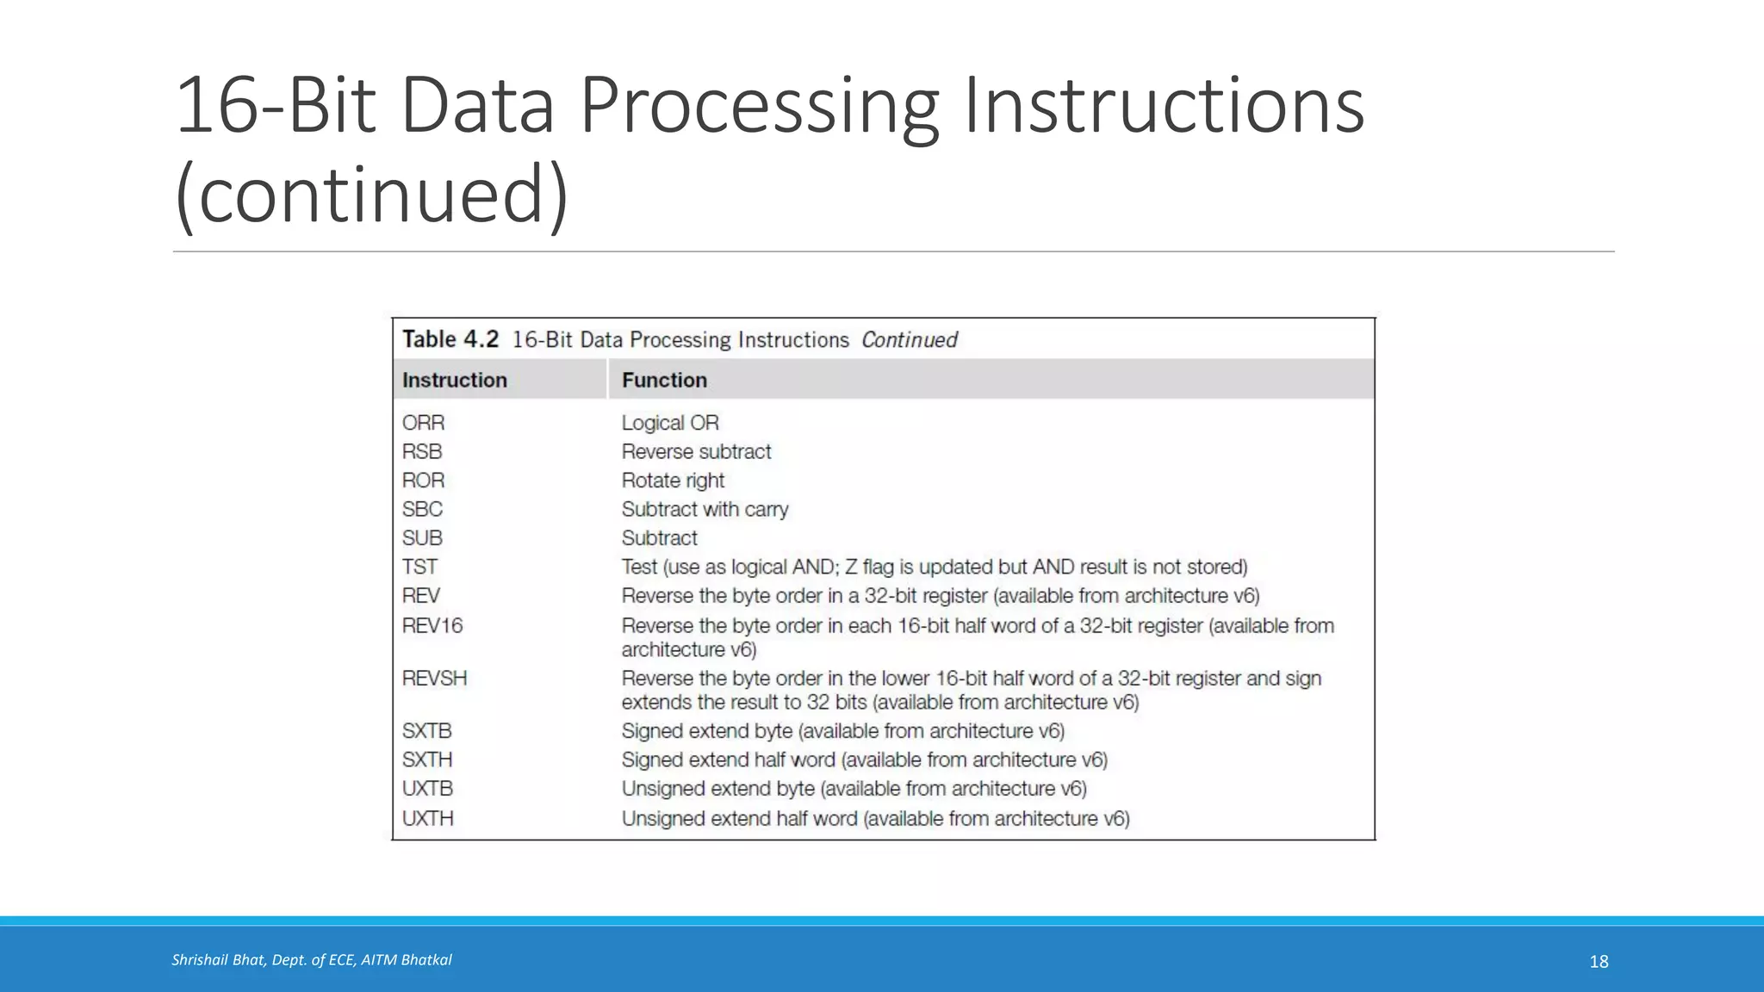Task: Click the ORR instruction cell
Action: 423,423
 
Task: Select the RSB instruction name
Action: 421,451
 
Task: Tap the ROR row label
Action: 423,480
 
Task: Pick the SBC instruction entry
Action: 422,509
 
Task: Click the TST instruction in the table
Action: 419,567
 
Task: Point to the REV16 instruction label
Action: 432,625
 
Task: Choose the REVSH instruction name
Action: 434,679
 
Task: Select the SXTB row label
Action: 426,731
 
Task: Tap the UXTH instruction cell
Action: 427,818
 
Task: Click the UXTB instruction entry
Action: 427,789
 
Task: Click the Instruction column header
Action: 454,380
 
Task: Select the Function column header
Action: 664,380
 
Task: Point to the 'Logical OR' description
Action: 670,423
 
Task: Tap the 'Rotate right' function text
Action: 673,480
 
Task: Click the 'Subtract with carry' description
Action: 705,509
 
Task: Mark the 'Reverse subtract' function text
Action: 696,451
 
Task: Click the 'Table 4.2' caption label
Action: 450,339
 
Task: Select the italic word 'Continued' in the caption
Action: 909,340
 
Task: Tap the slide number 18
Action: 1599,961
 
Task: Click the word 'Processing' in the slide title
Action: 759,106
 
